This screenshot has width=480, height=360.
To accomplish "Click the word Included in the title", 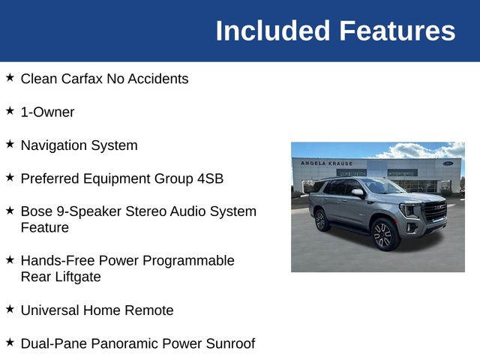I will [x=273, y=31].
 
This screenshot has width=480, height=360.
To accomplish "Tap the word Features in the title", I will [x=397, y=31].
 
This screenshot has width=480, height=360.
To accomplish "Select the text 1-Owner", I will [x=47, y=112].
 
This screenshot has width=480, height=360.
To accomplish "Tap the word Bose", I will [x=37, y=211].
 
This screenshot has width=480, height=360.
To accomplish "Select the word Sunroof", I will [x=228, y=343].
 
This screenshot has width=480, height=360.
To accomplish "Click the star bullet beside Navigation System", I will [x=10, y=144].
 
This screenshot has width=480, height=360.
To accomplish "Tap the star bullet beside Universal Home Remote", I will [x=10, y=308].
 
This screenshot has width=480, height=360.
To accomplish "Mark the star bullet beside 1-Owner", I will [x=10, y=110].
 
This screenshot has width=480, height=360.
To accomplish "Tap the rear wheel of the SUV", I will [x=321, y=220].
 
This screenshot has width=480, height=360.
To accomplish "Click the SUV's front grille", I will [x=434, y=211].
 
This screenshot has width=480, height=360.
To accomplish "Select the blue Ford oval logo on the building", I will [x=448, y=163].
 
